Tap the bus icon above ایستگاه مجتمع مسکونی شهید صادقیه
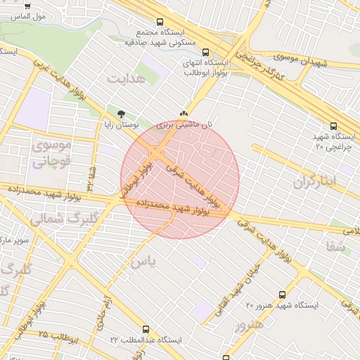tap(160, 22)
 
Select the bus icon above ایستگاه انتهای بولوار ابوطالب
tap(205, 52)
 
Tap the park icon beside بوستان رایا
tap(122, 114)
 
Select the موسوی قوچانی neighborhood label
tap(51, 153)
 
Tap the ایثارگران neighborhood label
tap(315, 181)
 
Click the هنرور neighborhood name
tap(250, 325)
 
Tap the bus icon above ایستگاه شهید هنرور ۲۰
tap(282, 295)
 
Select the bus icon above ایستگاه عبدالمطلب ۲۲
tap(146, 329)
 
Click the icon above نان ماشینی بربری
tap(184, 114)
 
